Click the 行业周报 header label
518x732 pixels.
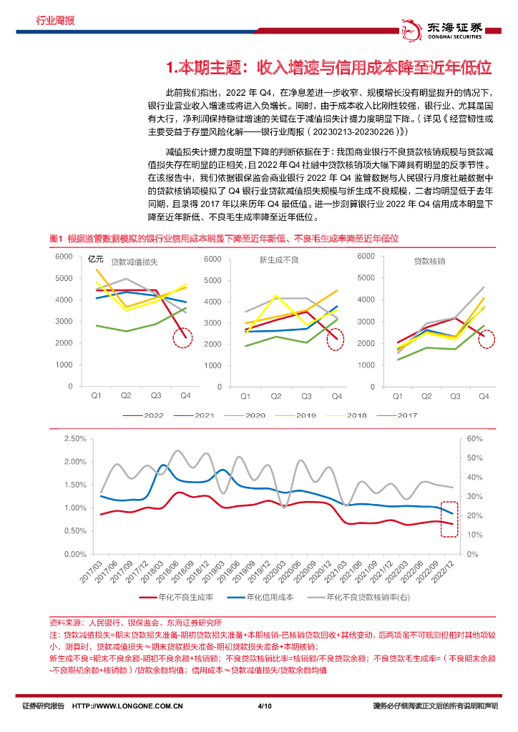pyautogui.click(x=55, y=21)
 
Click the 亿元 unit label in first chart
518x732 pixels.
pyautogui.click(x=95, y=259)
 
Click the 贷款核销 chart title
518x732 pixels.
pyautogui.click(x=429, y=262)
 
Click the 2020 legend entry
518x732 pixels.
pyautogui.click(x=247, y=415)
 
